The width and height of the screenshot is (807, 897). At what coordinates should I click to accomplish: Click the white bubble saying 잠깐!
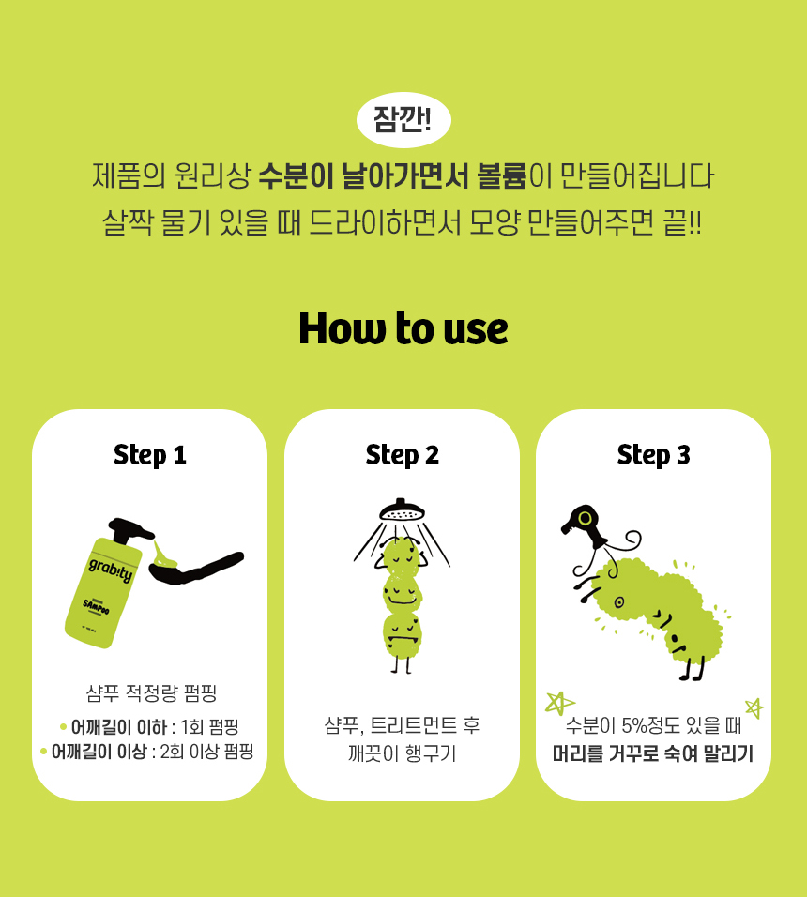tap(403, 120)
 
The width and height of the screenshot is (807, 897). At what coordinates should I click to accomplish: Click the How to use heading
tap(403, 328)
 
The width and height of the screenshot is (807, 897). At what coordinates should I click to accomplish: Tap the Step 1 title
tap(150, 455)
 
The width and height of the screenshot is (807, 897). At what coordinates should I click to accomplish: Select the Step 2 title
tap(402, 455)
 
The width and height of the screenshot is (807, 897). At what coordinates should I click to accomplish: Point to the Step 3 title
tap(654, 455)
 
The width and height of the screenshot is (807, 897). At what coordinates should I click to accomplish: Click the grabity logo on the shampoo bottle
tap(111, 570)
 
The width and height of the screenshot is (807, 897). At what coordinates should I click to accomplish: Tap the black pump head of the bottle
tap(129, 530)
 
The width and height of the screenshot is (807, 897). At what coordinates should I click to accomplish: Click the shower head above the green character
tap(402, 509)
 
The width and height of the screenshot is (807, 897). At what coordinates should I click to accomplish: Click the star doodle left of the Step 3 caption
tap(558, 703)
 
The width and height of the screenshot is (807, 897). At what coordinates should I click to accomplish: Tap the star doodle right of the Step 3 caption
tap(754, 708)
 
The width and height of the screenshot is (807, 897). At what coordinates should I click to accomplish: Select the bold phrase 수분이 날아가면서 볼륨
tap(392, 175)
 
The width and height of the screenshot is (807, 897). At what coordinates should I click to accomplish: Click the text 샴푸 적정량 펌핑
tap(152, 693)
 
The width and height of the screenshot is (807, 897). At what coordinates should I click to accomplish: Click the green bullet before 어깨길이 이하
tap(63, 727)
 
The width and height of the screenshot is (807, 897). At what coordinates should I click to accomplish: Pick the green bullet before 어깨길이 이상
tap(43, 752)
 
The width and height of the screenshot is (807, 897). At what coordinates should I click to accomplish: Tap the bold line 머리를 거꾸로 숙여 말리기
tap(653, 753)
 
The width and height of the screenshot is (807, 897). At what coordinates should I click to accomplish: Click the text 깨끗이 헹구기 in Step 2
tap(402, 753)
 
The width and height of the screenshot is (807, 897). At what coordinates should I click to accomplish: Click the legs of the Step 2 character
tap(402, 664)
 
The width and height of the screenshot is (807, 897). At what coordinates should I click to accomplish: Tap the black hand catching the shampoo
tap(195, 568)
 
